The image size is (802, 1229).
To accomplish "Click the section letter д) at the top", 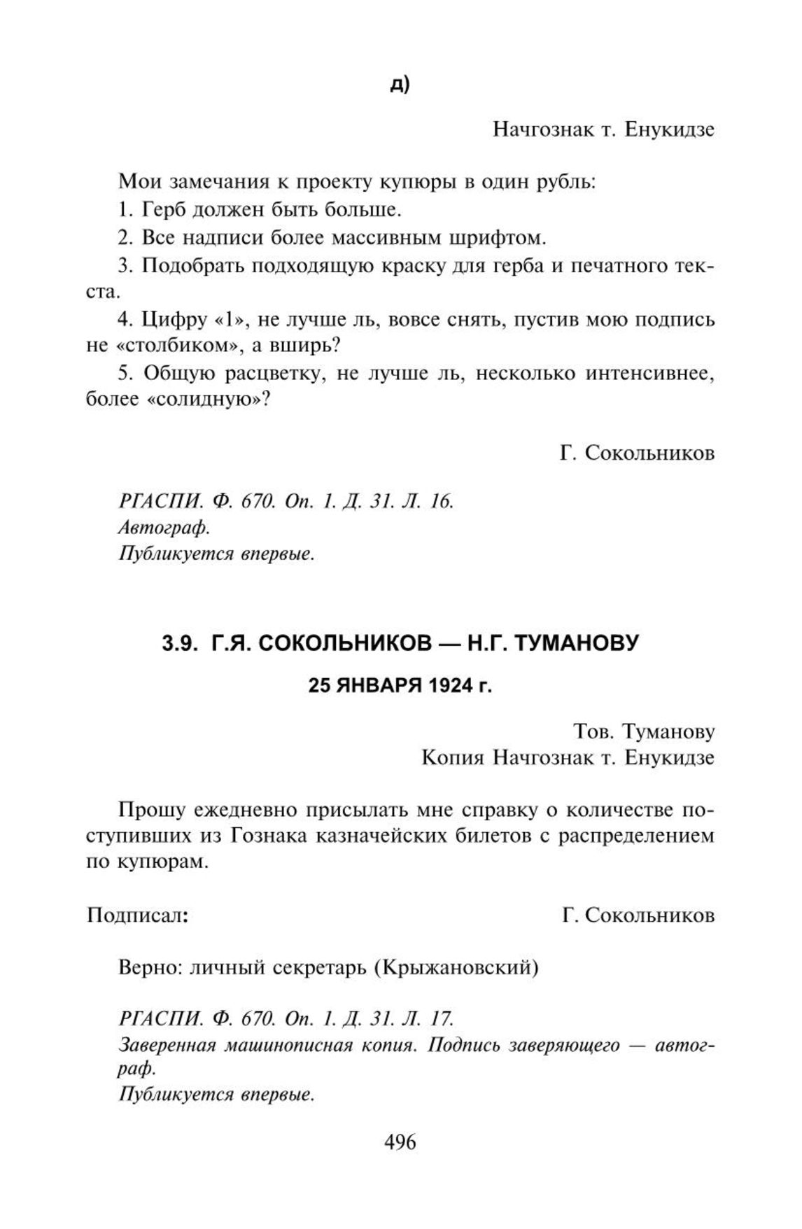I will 400,85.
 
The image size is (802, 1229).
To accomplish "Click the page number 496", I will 400,1142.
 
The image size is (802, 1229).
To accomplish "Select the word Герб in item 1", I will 164,209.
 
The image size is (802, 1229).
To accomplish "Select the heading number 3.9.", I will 179,642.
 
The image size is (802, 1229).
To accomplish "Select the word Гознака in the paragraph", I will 268,836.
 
